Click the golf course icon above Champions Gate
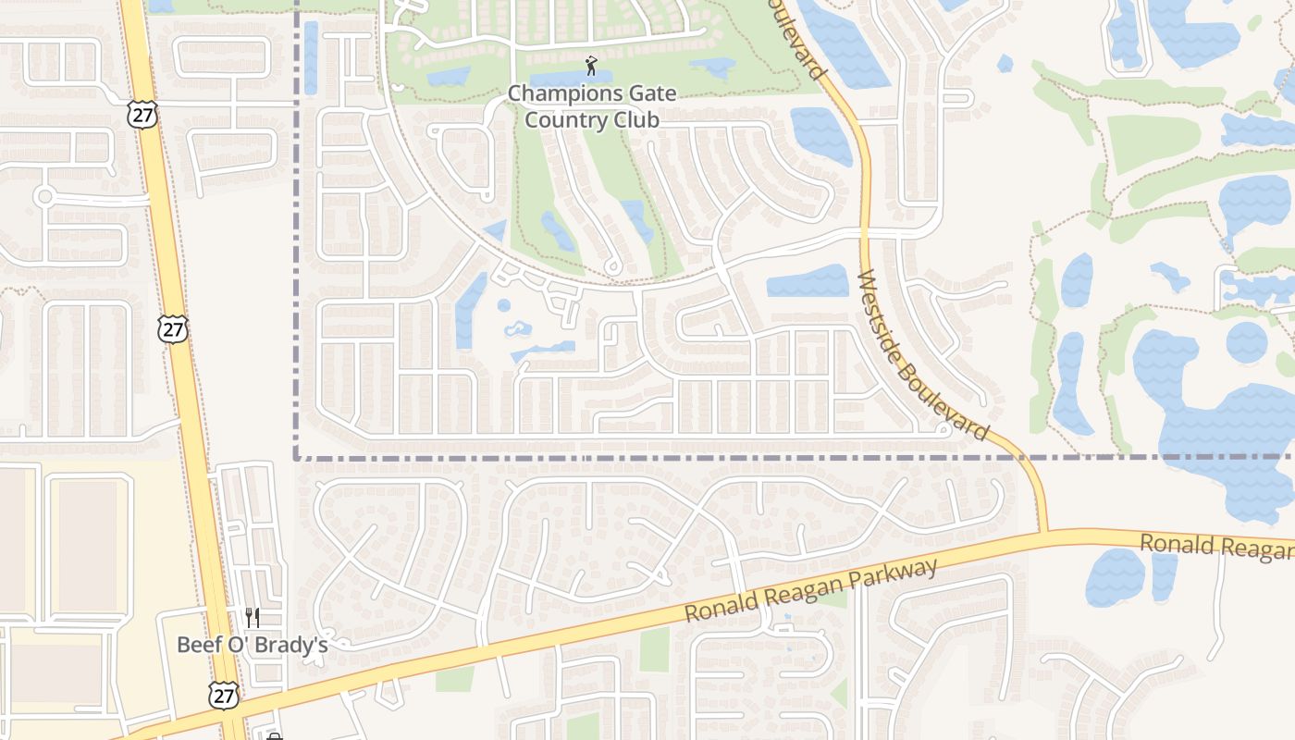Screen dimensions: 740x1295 592,66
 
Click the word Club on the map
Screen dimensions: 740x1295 635,120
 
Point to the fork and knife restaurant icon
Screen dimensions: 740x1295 252,617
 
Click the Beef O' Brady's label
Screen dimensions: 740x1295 253,645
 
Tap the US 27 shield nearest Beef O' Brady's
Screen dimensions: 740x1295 222,695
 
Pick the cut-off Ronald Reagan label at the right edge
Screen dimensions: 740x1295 1215,547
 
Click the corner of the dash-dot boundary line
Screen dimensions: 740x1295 297,457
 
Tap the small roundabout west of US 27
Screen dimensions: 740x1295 43,196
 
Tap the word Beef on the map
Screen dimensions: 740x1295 198,645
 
